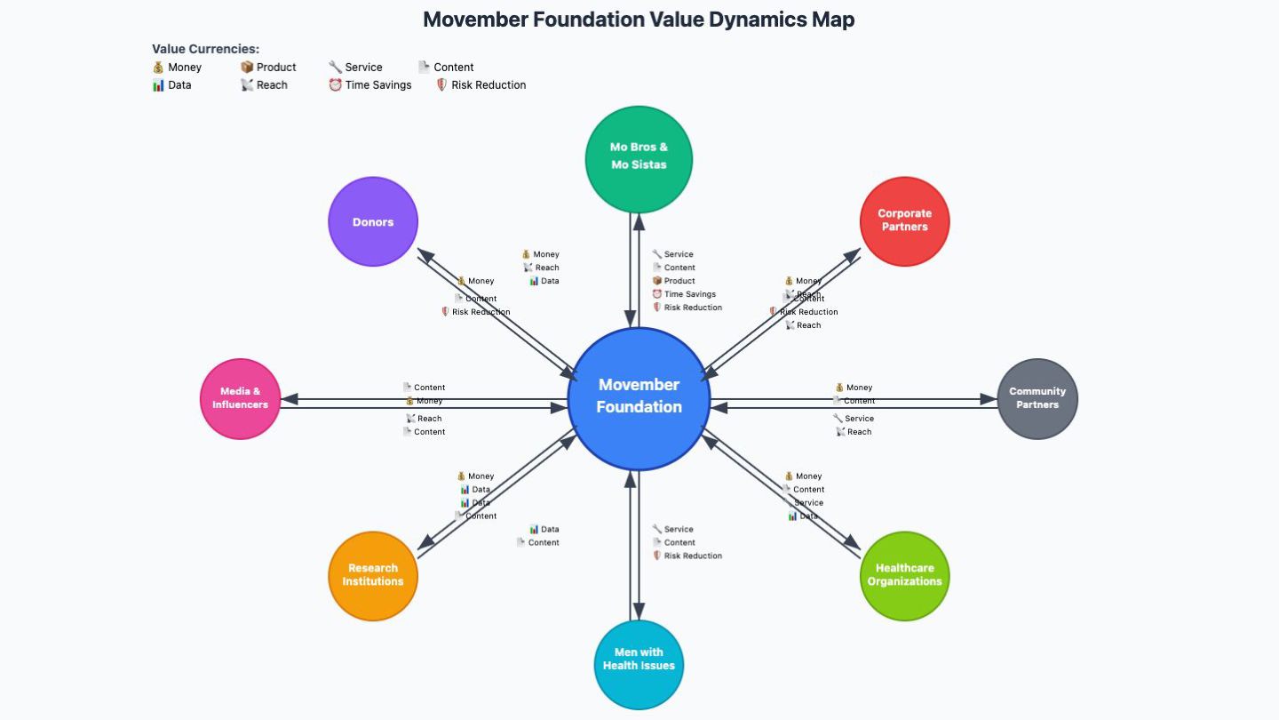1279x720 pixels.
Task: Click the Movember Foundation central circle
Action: coord(639,398)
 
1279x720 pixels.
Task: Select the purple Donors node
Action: coord(373,221)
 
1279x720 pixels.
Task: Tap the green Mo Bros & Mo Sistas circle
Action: coord(639,159)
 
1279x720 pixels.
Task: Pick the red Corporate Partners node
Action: coord(904,220)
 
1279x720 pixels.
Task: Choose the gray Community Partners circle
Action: coord(1037,398)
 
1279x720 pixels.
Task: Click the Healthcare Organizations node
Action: coord(904,575)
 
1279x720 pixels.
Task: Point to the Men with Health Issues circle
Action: coord(639,664)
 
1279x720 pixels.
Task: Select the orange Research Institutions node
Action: coord(373,575)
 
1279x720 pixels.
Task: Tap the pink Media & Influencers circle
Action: coord(240,398)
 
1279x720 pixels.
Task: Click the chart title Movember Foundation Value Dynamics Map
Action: coord(639,20)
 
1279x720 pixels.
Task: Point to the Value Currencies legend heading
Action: coord(205,49)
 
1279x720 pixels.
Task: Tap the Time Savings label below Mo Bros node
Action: coord(685,294)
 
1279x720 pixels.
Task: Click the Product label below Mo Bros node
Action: coord(674,281)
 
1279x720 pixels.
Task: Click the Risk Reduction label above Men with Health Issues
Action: coord(687,556)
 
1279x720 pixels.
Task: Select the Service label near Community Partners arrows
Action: coord(854,419)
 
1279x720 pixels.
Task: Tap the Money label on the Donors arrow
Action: coord(476,281)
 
